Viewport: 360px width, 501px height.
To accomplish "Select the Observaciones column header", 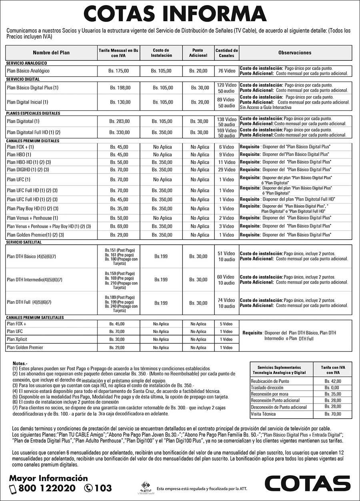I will tap(295, 52).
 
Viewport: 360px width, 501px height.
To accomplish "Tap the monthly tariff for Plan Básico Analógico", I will tap(119, 71).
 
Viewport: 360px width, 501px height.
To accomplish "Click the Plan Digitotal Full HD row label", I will tap(34, 132).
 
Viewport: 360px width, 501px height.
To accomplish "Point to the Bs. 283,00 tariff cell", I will tap(119, 121).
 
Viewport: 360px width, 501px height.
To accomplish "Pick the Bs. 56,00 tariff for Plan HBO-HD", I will tap(119, 162).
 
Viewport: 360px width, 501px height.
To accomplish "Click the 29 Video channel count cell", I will tap(226, 170).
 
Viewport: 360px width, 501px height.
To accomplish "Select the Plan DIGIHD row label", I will tap(28, 170).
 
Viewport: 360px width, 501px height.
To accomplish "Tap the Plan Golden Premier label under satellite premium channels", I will tap(25, 347).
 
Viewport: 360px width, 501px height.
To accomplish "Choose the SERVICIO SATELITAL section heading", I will tap(24, 242).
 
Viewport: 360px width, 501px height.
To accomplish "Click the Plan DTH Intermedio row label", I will tap(34, 279).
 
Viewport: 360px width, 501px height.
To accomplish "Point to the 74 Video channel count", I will tap(226, 300).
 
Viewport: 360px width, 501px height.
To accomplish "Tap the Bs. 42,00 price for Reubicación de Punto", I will tap(333, 381).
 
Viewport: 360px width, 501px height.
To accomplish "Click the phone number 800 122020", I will tap(48, 488).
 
